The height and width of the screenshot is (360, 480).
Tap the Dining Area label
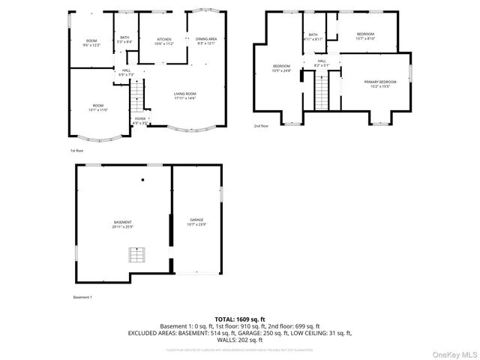(206, 40)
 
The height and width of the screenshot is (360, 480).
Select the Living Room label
(185, 96)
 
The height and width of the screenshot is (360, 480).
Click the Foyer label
(140, 120)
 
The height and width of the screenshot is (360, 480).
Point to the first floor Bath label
(125, 40)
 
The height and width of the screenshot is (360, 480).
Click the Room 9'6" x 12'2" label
(91, 43)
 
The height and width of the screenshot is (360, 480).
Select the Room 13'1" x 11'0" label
(98, 108)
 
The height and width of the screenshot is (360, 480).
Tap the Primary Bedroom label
(380, 83)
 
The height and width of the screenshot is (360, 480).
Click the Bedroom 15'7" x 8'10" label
(365, 36)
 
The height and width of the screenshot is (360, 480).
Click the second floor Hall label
(321, 64)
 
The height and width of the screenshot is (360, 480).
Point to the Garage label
(197, 222)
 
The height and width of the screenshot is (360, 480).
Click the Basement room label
(122, 224)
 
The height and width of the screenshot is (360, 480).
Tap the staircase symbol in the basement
(136, 256)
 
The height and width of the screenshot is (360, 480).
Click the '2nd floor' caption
(261, 126)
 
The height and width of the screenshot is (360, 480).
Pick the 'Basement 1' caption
(82, 298)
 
